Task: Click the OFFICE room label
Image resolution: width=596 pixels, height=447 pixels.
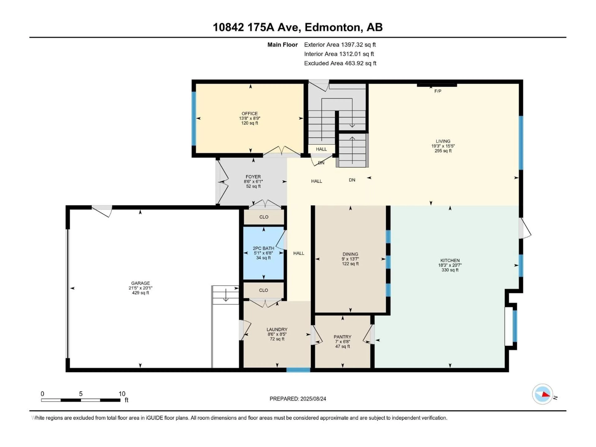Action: click(x=250, y=113)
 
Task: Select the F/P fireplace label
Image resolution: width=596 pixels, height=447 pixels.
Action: click(x=438, y=91)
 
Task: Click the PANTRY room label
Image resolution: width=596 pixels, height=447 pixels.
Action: click(x=342, y=337)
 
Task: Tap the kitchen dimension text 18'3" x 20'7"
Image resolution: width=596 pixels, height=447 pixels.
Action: click(x=450, y=265)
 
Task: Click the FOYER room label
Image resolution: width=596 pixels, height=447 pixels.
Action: click(x=253, y=177)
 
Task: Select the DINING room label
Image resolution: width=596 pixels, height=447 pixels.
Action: click(x=350, y=254)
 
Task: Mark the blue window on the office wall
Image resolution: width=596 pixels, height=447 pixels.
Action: click(x=193, y=119)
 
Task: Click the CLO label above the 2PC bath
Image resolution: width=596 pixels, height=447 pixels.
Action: click(x=264, y=217)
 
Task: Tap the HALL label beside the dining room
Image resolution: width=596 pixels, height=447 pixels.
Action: click(x=298, y=253)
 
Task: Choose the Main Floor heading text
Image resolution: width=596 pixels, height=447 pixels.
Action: click(x=282, y=45)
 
